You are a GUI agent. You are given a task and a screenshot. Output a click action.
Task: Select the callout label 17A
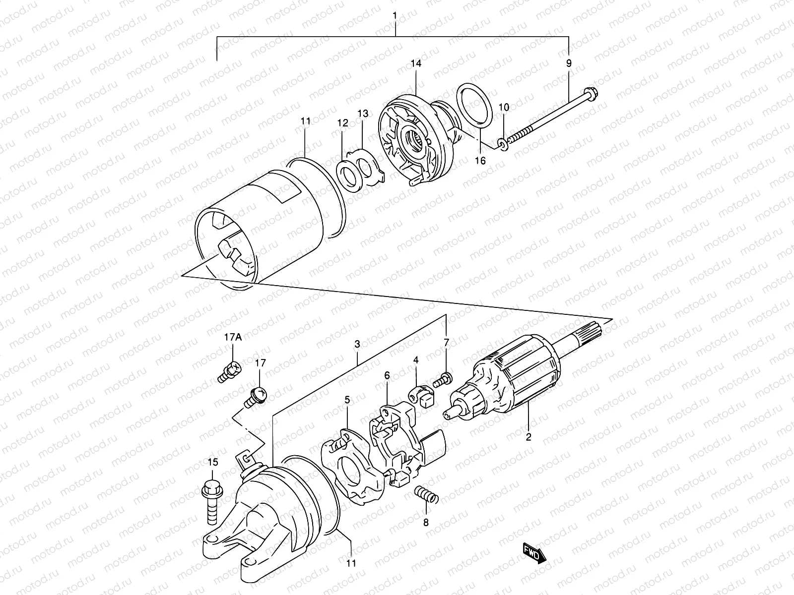[232, 338]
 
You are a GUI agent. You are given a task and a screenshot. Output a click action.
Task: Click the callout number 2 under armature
[529, 437]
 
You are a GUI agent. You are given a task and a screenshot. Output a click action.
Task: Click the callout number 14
[416, 63]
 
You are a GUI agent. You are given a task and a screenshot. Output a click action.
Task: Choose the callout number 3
[357, 343]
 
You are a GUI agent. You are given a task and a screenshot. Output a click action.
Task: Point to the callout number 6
[387, 376]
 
